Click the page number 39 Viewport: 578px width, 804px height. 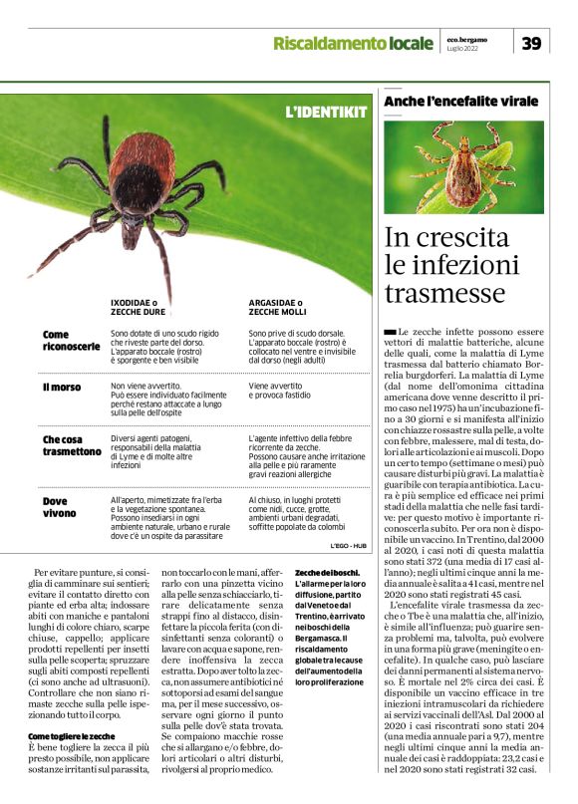tap(532, 43)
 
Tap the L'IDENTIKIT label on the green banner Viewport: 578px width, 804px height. tap(325, 112)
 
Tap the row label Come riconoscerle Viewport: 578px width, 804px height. tap(71, 341)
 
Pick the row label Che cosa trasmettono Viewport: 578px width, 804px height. tap(72, 444)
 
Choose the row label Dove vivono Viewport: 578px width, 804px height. tap(59, 507)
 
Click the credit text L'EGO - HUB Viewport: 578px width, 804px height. tap(349, 546)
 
